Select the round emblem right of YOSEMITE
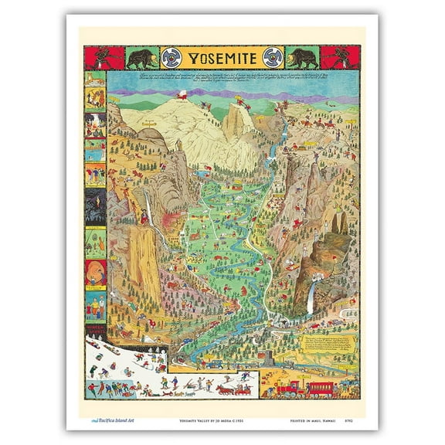coord(270,58)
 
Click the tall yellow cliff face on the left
coord(144,263)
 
